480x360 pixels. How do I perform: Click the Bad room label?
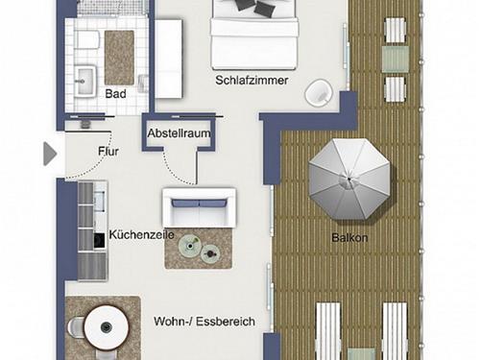point(115,94)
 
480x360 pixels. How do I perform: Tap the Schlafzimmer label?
point(252,81)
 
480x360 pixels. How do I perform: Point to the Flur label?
point(108,151)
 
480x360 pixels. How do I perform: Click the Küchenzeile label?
point(139,233)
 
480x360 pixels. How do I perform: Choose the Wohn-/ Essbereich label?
point(204,322)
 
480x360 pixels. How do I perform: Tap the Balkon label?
point(350,238)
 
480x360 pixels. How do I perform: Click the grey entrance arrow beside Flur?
point(50,153)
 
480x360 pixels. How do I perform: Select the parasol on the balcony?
point(349,177)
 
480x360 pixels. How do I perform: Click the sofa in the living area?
point(199,206)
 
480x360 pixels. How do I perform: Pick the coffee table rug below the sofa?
point(199,249)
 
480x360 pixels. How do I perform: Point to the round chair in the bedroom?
point(319,93)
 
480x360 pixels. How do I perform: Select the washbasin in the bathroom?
point(83,77)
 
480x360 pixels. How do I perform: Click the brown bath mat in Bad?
point(119,57)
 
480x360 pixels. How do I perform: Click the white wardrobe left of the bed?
point(169,58)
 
